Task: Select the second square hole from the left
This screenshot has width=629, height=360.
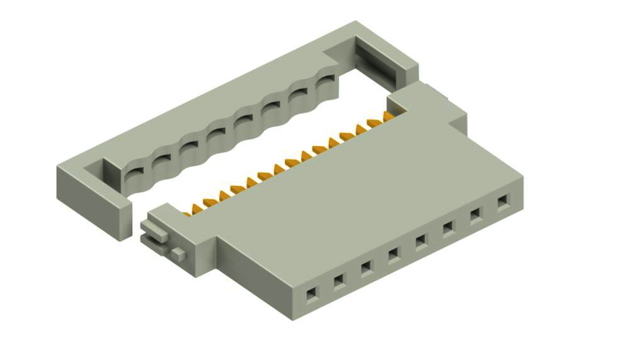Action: coord(338,281)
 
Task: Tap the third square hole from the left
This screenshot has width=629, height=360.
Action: coord(366,268)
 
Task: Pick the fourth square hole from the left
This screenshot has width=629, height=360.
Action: coord(393,254)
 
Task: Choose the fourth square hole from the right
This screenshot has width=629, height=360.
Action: coord(421,241)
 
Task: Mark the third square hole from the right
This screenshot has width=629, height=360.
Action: coord(448,229)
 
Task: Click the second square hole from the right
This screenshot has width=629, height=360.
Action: coord(475,215)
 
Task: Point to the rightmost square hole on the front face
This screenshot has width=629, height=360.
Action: coord(503,203)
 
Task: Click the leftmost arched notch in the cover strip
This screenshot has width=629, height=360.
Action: coord(133,173)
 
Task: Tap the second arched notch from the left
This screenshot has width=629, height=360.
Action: coord(161,161)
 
